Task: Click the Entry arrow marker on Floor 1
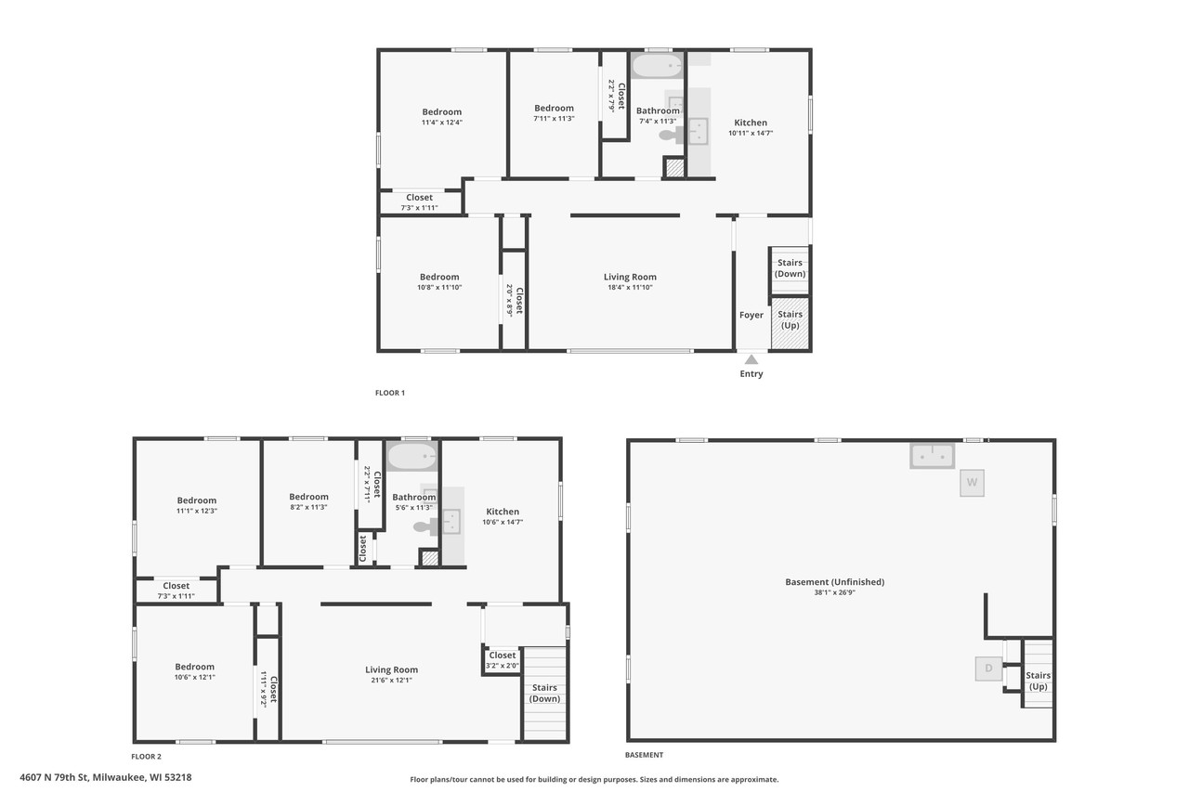751,357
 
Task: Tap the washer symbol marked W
972,483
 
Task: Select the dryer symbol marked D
988,668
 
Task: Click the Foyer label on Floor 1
751,315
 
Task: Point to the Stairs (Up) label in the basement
1038,681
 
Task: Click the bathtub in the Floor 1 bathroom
657,66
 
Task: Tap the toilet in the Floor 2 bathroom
424,526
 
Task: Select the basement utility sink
932,456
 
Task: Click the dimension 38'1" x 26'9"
834,592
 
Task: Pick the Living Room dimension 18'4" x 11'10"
630,288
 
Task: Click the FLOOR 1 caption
390,393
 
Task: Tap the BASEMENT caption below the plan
645,755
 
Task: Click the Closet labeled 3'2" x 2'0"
503,660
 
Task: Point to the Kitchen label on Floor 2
503,512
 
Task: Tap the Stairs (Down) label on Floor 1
790,268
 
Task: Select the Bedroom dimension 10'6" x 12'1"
195,678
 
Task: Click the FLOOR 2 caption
146,757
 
